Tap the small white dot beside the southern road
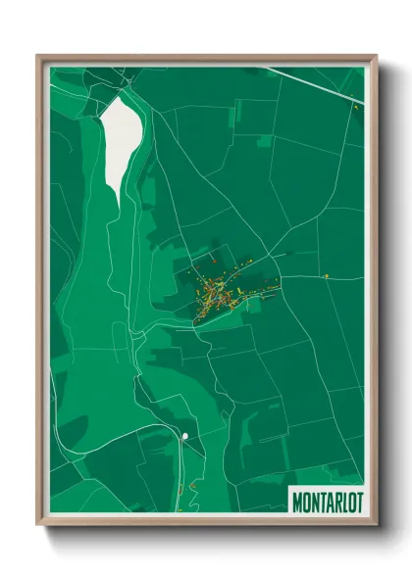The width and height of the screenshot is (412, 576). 183,434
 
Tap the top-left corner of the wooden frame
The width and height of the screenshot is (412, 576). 37,56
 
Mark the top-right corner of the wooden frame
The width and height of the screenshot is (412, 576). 377,56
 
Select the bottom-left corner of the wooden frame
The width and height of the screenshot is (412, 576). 37,526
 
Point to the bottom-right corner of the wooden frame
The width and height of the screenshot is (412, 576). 377,526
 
